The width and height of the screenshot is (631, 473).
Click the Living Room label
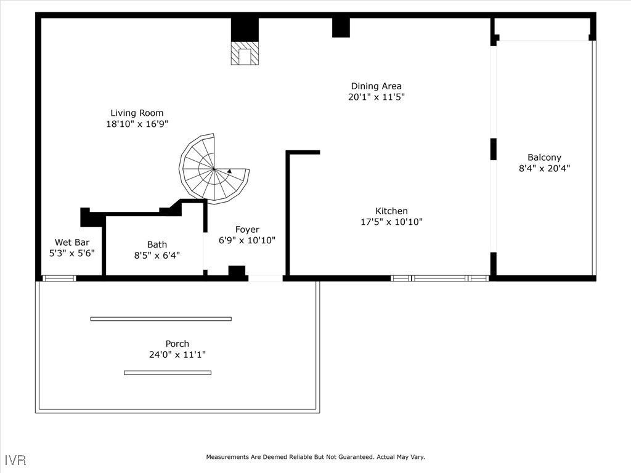click(x=137, y=113)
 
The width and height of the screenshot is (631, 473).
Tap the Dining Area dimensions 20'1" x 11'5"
click(x=376, y=97)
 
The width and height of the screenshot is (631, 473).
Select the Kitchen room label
click(x=391, y=211)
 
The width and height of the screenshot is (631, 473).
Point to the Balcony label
click(x=544, y=157)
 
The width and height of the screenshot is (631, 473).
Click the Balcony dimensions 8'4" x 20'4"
click(x=544, y=168)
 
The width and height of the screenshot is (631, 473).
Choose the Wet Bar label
click(x=71, y=242)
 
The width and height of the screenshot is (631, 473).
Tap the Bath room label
click(x=157, y=244)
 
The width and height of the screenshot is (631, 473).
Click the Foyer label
click(x=247, y=229)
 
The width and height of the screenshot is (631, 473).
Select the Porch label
click(x=177, y=344)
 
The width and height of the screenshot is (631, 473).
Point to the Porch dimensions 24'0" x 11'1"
click(x=177, y=355)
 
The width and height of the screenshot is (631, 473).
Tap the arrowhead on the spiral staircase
click(x=229, y=172)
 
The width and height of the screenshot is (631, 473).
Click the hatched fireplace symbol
click(x=244, y=54)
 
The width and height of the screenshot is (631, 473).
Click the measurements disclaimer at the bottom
click(x=315, y=457)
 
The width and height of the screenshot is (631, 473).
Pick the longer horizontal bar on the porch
click(x=161, y=318)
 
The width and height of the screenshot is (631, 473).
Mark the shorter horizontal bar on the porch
click(x=168, y=373)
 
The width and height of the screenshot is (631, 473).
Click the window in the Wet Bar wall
click(x=59, y=278)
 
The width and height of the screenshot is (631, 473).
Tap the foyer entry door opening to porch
click(x=266, y=278)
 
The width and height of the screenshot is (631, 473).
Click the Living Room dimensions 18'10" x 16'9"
click(x=137, y=124)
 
